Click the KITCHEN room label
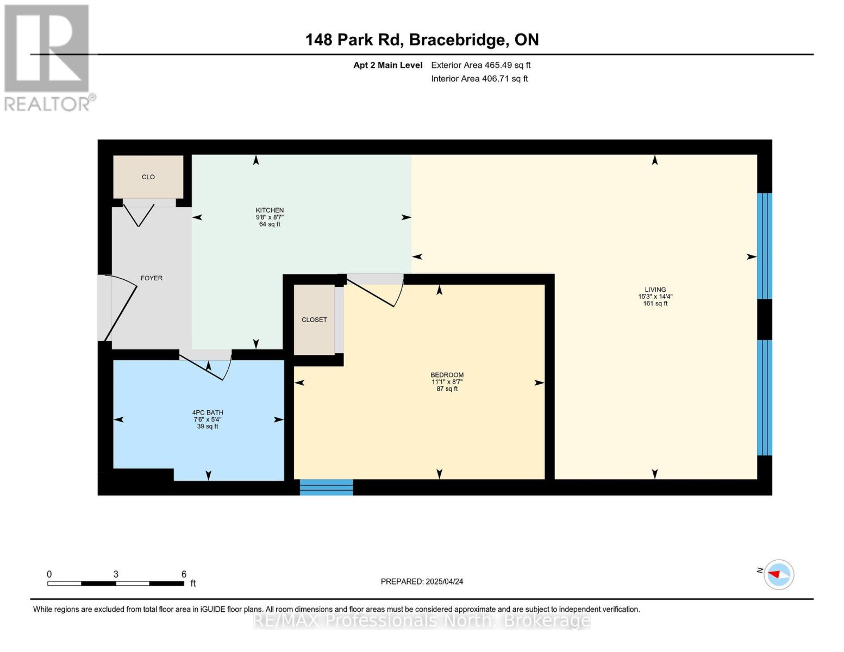click(x=270, y=210)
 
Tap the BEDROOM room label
click(x=447, y=375)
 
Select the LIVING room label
click(x=655, y=290)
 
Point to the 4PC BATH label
click(x=208, y=412)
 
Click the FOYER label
click(x=152, y=278)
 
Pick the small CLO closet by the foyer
click(x=148, y=177)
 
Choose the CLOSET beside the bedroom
click(x=314, y=319)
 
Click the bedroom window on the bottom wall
click(x=326, y=487)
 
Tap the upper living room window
click(x=764, y=246)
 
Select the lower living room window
click(x=764, y=398)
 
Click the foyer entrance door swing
click(x=121, y=307)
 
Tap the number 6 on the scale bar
click(x=184, y=574)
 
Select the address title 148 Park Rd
click(x=422, y=40)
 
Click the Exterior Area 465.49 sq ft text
click(x=480, y=65)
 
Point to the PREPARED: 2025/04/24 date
click(x=422, y=581)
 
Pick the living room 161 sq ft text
click(x=655, y=304)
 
